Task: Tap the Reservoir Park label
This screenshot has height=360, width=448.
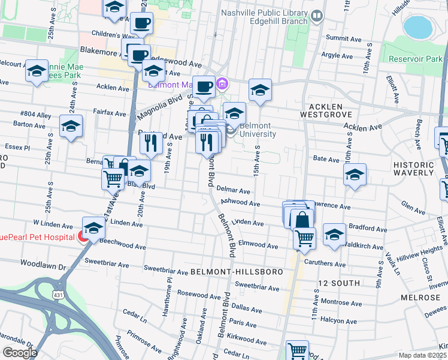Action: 414,59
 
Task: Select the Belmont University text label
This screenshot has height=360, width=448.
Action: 258,130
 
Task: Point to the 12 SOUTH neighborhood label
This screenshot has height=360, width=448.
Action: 339,283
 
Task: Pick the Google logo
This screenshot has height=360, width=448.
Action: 20,353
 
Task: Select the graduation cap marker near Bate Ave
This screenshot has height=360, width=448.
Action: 355,175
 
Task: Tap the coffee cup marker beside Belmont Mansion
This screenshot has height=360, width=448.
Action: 204,86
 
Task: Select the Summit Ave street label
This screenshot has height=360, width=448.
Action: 344,37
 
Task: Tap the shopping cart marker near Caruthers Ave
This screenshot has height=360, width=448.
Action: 304,238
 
